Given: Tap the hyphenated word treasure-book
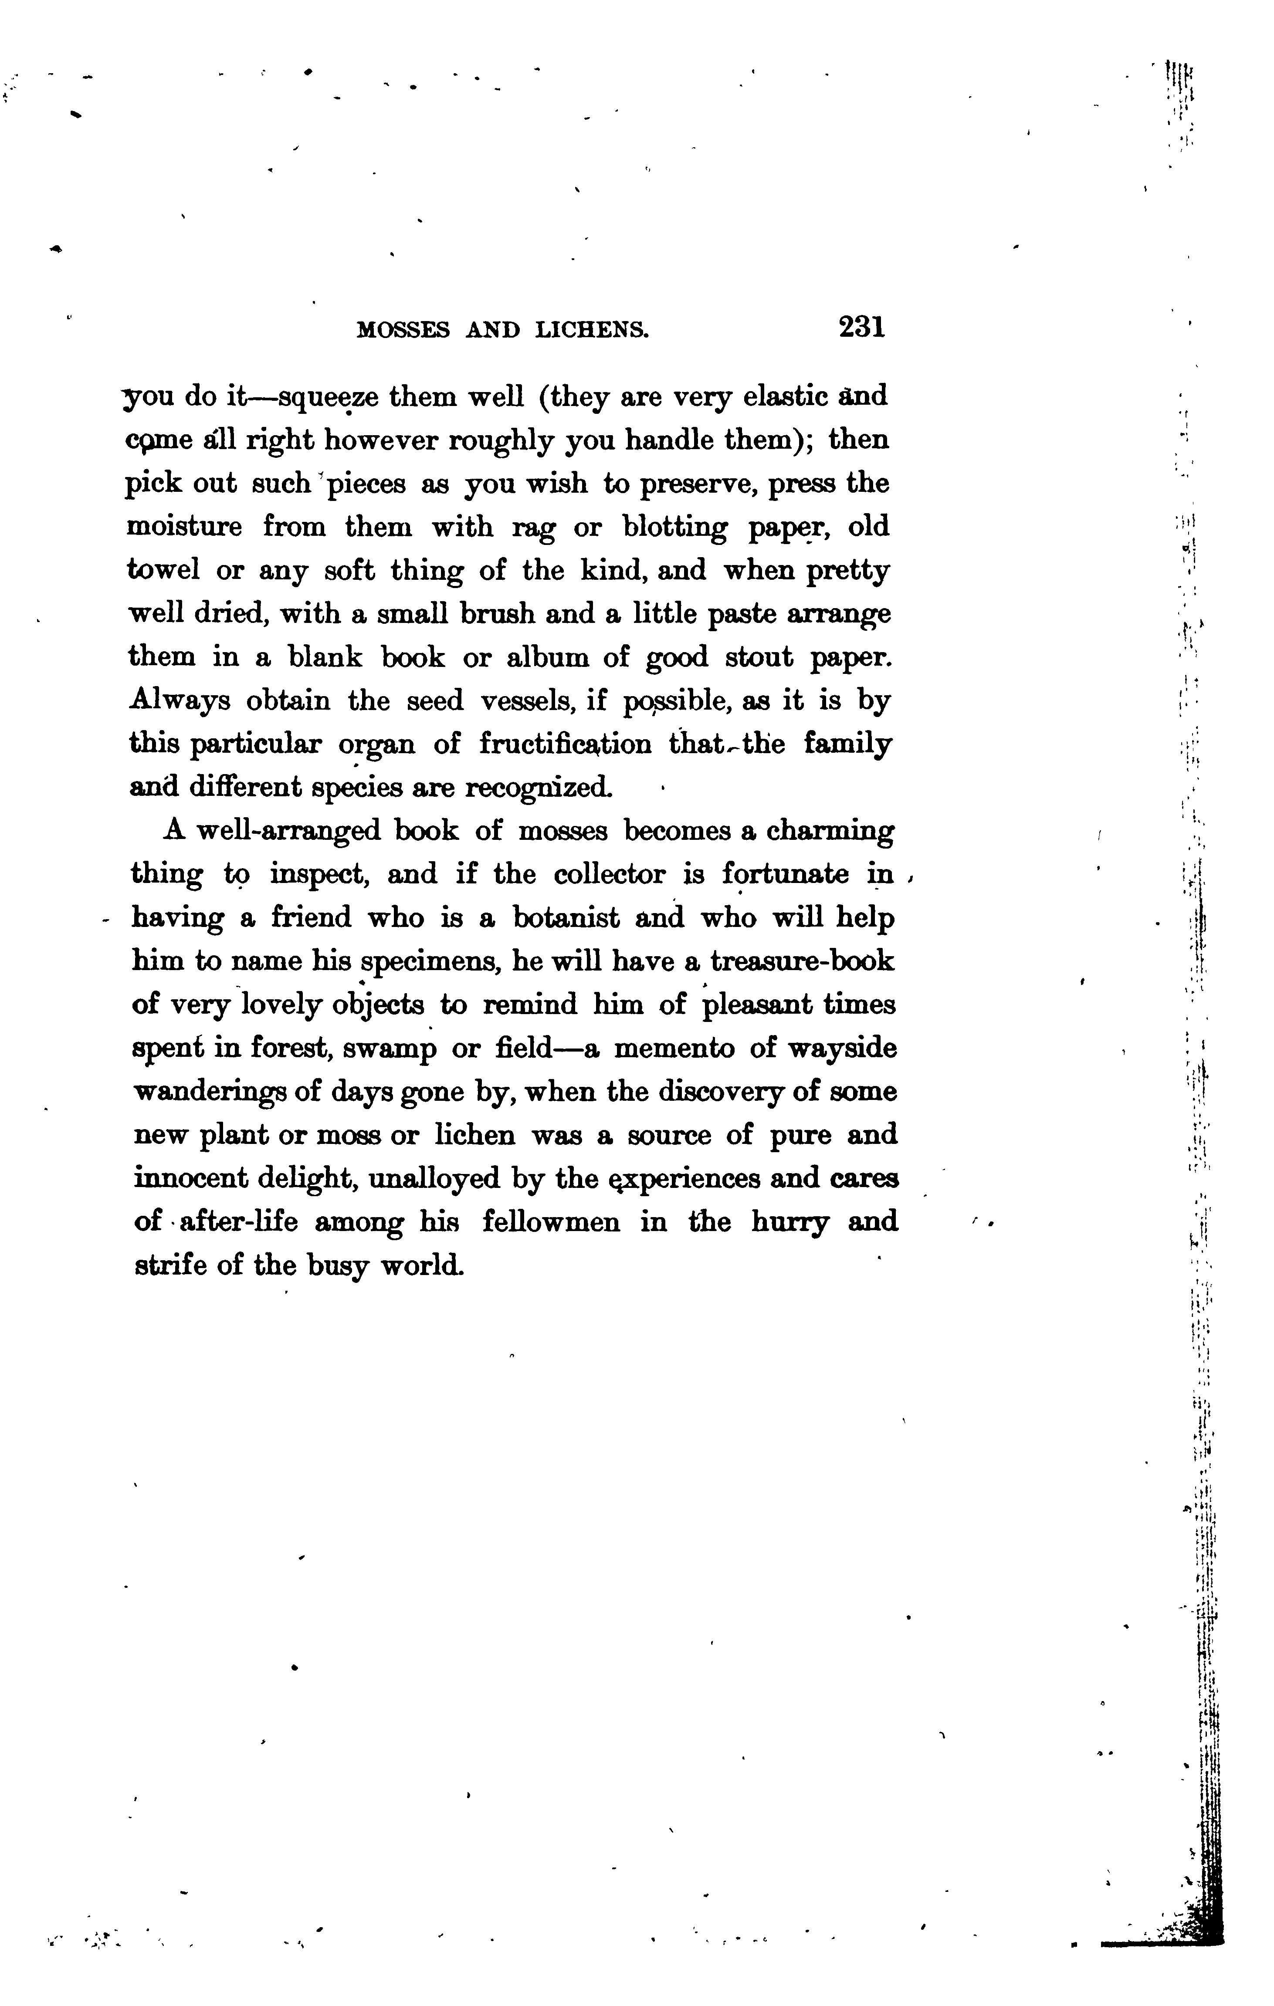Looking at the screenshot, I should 803,961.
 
